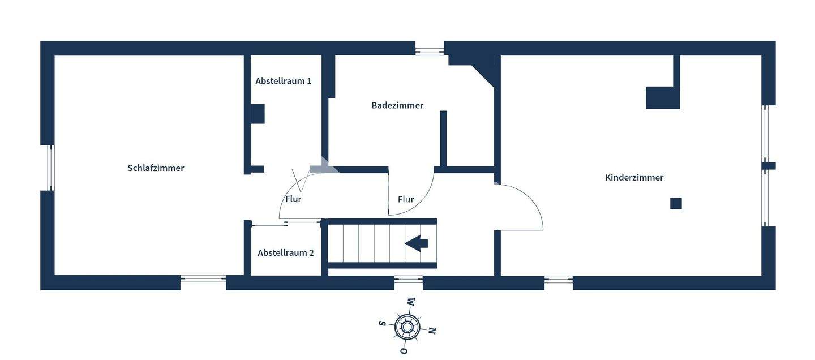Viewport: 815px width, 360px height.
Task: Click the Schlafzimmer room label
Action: click(x=156, y=168)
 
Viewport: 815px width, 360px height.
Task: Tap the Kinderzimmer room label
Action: click(x=634, y=178)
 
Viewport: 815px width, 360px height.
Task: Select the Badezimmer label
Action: click(x=397, y=105)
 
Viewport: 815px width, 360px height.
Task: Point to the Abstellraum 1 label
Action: click(x=283, y=81)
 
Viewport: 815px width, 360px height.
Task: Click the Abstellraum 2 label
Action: click(x=285, y=253)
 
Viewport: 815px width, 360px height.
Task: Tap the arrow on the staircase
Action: click(x=417, y=243)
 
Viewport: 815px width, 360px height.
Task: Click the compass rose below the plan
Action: click(x=407, y=326)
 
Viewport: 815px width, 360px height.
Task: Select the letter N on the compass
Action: click(x=432, y=331)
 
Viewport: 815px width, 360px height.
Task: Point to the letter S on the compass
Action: click(x=382, y=323)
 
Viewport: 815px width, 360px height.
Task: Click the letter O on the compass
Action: click(x=404, y=351)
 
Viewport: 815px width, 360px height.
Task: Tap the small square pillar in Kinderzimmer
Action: click(x=676, y=203)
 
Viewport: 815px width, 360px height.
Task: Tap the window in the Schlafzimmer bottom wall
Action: click(x=203, y=279)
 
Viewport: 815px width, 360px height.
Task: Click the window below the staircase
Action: click(x=408, y=279)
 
